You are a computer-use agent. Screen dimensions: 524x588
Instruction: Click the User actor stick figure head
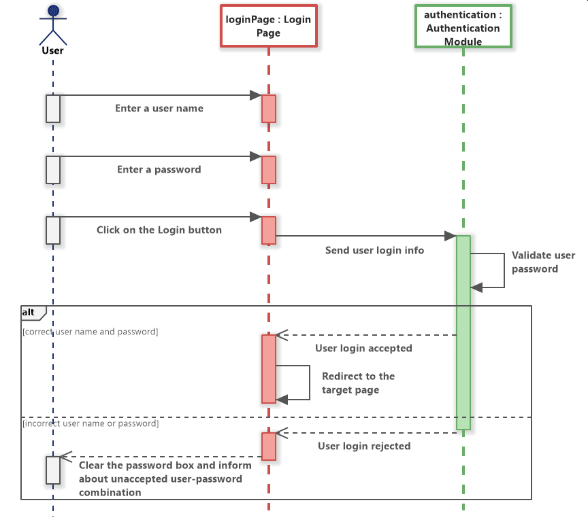(53, 10)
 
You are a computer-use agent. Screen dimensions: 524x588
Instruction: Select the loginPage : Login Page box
(268, 27)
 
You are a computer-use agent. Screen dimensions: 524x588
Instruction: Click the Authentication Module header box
(463, 28)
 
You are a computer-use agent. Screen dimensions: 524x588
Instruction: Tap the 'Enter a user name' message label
(159, 108)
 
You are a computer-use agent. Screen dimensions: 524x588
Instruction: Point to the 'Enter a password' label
(159, 169)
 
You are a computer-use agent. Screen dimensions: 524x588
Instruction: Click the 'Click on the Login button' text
(159, 230)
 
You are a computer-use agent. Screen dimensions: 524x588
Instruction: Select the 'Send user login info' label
(374, 250)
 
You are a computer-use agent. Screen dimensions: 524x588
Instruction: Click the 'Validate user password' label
(542, 262)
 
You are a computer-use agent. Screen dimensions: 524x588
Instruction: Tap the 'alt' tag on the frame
(29, 312)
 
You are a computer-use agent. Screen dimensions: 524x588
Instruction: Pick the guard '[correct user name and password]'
(90, 332)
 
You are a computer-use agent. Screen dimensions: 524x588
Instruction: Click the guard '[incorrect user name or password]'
(91, 423)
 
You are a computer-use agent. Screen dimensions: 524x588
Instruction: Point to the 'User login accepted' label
(363, 348)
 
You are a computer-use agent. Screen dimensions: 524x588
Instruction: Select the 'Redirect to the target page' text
(358, 383)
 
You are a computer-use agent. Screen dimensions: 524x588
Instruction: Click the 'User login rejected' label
(364, 446)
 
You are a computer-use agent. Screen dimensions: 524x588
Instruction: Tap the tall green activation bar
(463, 332)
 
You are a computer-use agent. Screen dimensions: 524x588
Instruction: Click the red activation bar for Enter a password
(269, 170)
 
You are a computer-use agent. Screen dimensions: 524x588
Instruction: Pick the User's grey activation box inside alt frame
(53, 470)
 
